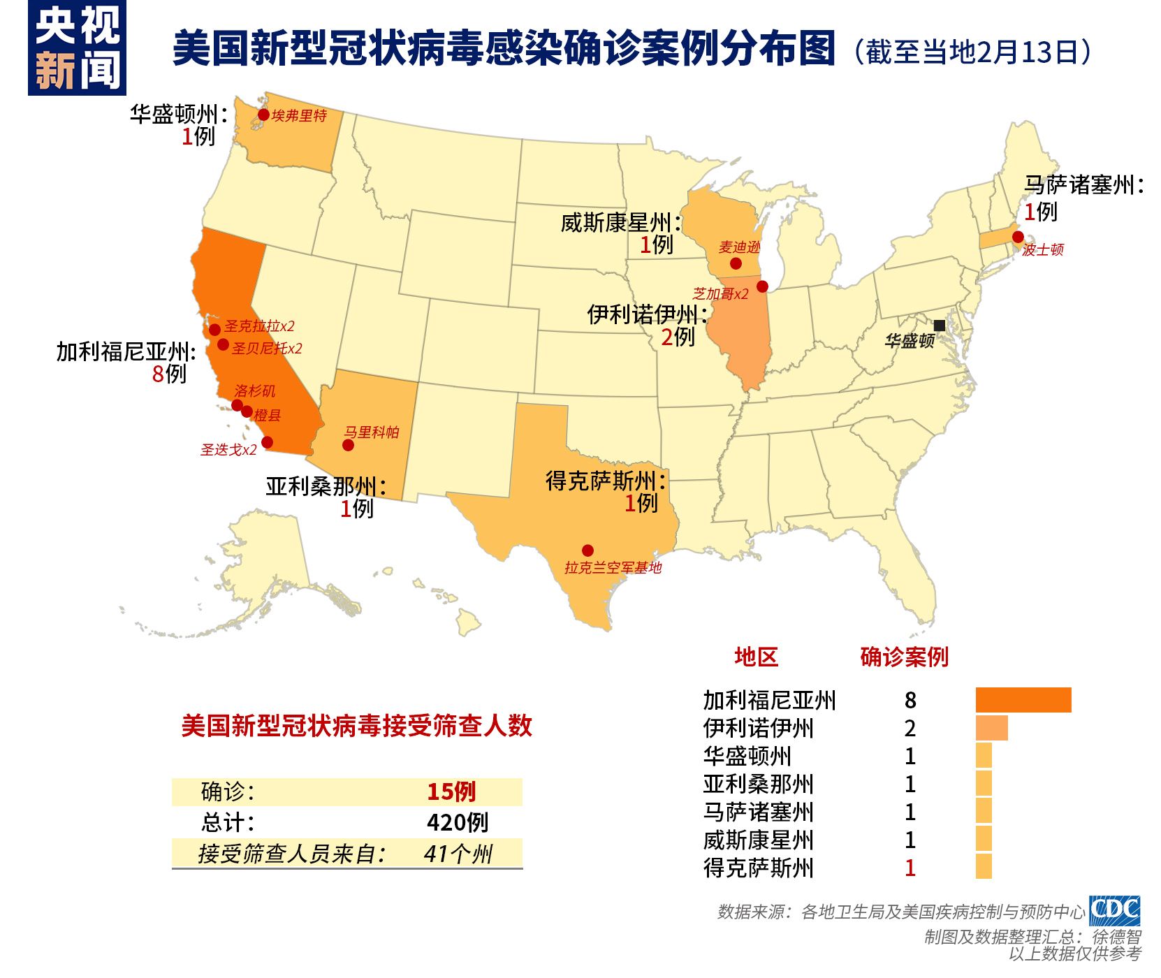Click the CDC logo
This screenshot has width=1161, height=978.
click(1114, 911)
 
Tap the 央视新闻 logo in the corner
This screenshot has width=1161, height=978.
click(77, 48)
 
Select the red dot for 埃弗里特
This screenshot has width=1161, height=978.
click(263, 115)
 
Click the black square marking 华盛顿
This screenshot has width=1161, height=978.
click(939, 326)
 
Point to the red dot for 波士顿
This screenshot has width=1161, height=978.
click(1018, 237)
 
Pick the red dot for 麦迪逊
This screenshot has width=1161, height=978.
click(736, 263)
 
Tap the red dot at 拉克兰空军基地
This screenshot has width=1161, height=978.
click(587, 550)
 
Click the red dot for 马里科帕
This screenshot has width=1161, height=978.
click(348, 445)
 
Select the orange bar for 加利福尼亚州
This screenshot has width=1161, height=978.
click(1023, 700)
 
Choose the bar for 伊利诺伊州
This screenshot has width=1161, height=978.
click(991, 728)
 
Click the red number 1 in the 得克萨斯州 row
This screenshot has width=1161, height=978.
click(910, 868)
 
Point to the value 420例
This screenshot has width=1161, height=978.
click(458, 822)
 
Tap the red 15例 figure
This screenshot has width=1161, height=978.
click(451, 791)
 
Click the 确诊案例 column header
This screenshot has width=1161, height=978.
click(904, 657)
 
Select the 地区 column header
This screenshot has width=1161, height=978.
click(756, 657)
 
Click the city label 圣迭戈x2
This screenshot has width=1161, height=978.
click(228, 450)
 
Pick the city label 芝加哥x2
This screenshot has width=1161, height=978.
click(720, 294)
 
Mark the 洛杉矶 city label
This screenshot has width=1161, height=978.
click(254, 391)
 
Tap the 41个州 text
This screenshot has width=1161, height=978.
click(458, 854)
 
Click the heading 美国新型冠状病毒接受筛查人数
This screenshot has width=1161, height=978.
click(356, 726)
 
